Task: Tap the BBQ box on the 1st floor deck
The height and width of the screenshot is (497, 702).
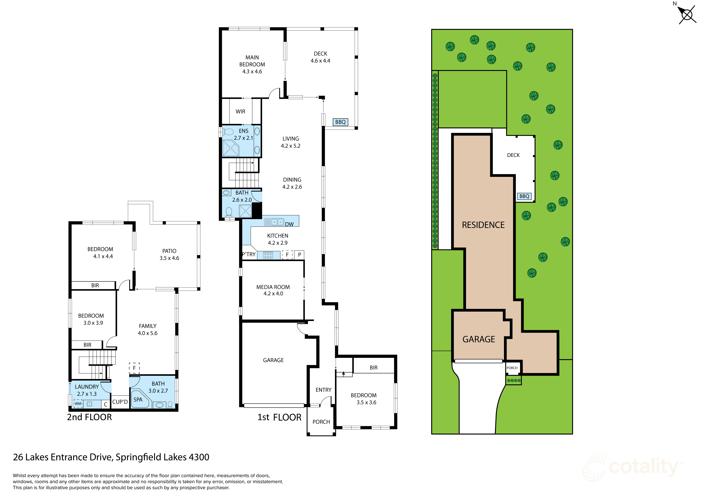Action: [340, 122]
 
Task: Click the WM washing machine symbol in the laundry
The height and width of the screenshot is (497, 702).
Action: [78, 404]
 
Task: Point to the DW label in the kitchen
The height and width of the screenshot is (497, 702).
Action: [289, 224]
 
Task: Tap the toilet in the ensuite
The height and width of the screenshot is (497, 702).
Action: [228, 132]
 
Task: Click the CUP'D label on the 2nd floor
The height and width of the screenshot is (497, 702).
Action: [120, 402]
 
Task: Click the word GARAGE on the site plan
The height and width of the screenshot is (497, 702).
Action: [479, 339]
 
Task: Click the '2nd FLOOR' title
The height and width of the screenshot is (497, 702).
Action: [89, 417]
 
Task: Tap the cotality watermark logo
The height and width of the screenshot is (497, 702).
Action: [633, 467]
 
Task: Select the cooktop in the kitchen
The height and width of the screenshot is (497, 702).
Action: [268, 255]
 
